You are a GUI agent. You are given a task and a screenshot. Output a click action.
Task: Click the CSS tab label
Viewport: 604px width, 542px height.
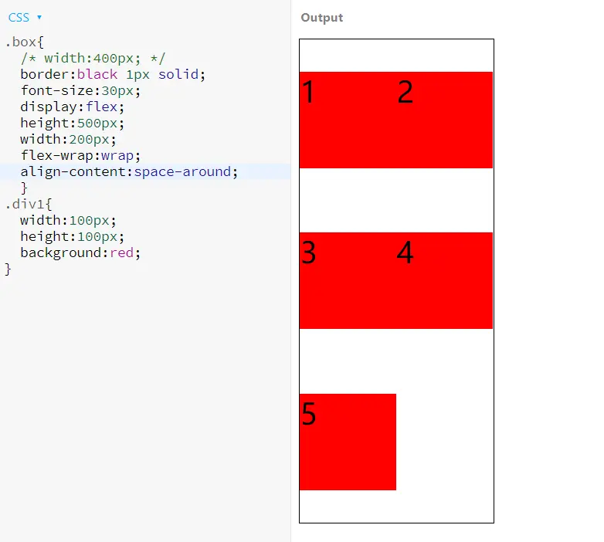click(x=19, y=17)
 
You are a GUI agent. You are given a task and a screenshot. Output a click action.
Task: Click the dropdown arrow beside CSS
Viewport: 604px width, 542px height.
click(x=39, y=17)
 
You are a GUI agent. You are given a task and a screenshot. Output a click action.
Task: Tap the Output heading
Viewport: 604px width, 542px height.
click(x=322, y=18)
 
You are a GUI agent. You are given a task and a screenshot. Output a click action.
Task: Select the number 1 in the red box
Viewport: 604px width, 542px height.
click(x=308, y=93)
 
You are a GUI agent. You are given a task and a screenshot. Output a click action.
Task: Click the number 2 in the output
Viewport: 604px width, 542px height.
click(x=405, y=93)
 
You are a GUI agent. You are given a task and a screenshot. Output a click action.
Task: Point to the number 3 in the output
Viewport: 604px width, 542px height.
click(x=308, y=253)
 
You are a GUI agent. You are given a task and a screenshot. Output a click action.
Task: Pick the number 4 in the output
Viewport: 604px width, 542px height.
click(x=405, y=253)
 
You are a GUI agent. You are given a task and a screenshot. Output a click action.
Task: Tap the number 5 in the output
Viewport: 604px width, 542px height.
click(x=308, y=415)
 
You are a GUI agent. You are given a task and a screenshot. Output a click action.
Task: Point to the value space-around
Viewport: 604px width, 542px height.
click(x=182, y=171)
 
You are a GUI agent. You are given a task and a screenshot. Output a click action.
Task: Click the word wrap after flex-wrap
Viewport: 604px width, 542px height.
click(x=117, y=155)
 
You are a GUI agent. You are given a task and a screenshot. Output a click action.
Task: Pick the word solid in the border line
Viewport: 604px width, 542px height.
click(x=178, y=74)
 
